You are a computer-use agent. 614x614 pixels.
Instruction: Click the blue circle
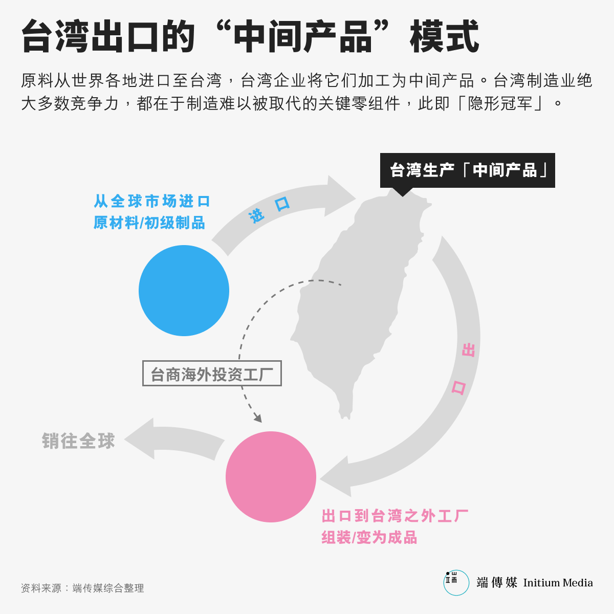click(x=184, y=290)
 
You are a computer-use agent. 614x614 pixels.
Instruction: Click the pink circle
click(x=271, y=477)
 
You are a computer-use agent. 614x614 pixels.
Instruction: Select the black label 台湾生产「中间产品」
click(x=468, y=170)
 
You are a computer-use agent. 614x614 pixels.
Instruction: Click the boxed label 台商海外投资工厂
click(x=212, y=373)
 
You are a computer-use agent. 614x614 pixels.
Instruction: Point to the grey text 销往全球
click(x=78, y=441)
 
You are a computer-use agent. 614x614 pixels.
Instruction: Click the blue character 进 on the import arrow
click(x=257, y=216)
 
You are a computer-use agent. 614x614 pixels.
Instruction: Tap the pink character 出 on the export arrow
click(x=468, y=350)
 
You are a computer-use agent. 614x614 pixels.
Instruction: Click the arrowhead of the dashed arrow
click(x=258, y=418)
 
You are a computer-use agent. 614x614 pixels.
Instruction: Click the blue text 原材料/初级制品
click(x=149, y=223)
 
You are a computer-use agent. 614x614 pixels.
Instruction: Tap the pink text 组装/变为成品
click(x=369, y=537)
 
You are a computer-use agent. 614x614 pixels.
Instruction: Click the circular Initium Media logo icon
click(x=456, y=583)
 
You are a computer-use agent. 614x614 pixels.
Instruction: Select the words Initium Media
click(x=558, y=583)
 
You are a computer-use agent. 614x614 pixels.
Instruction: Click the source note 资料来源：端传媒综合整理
click(x=82, y=588)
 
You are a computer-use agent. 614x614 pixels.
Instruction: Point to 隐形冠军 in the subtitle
click(x=500, y=103)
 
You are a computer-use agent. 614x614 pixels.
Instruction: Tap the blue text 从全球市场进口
click(x=151, y=202)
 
